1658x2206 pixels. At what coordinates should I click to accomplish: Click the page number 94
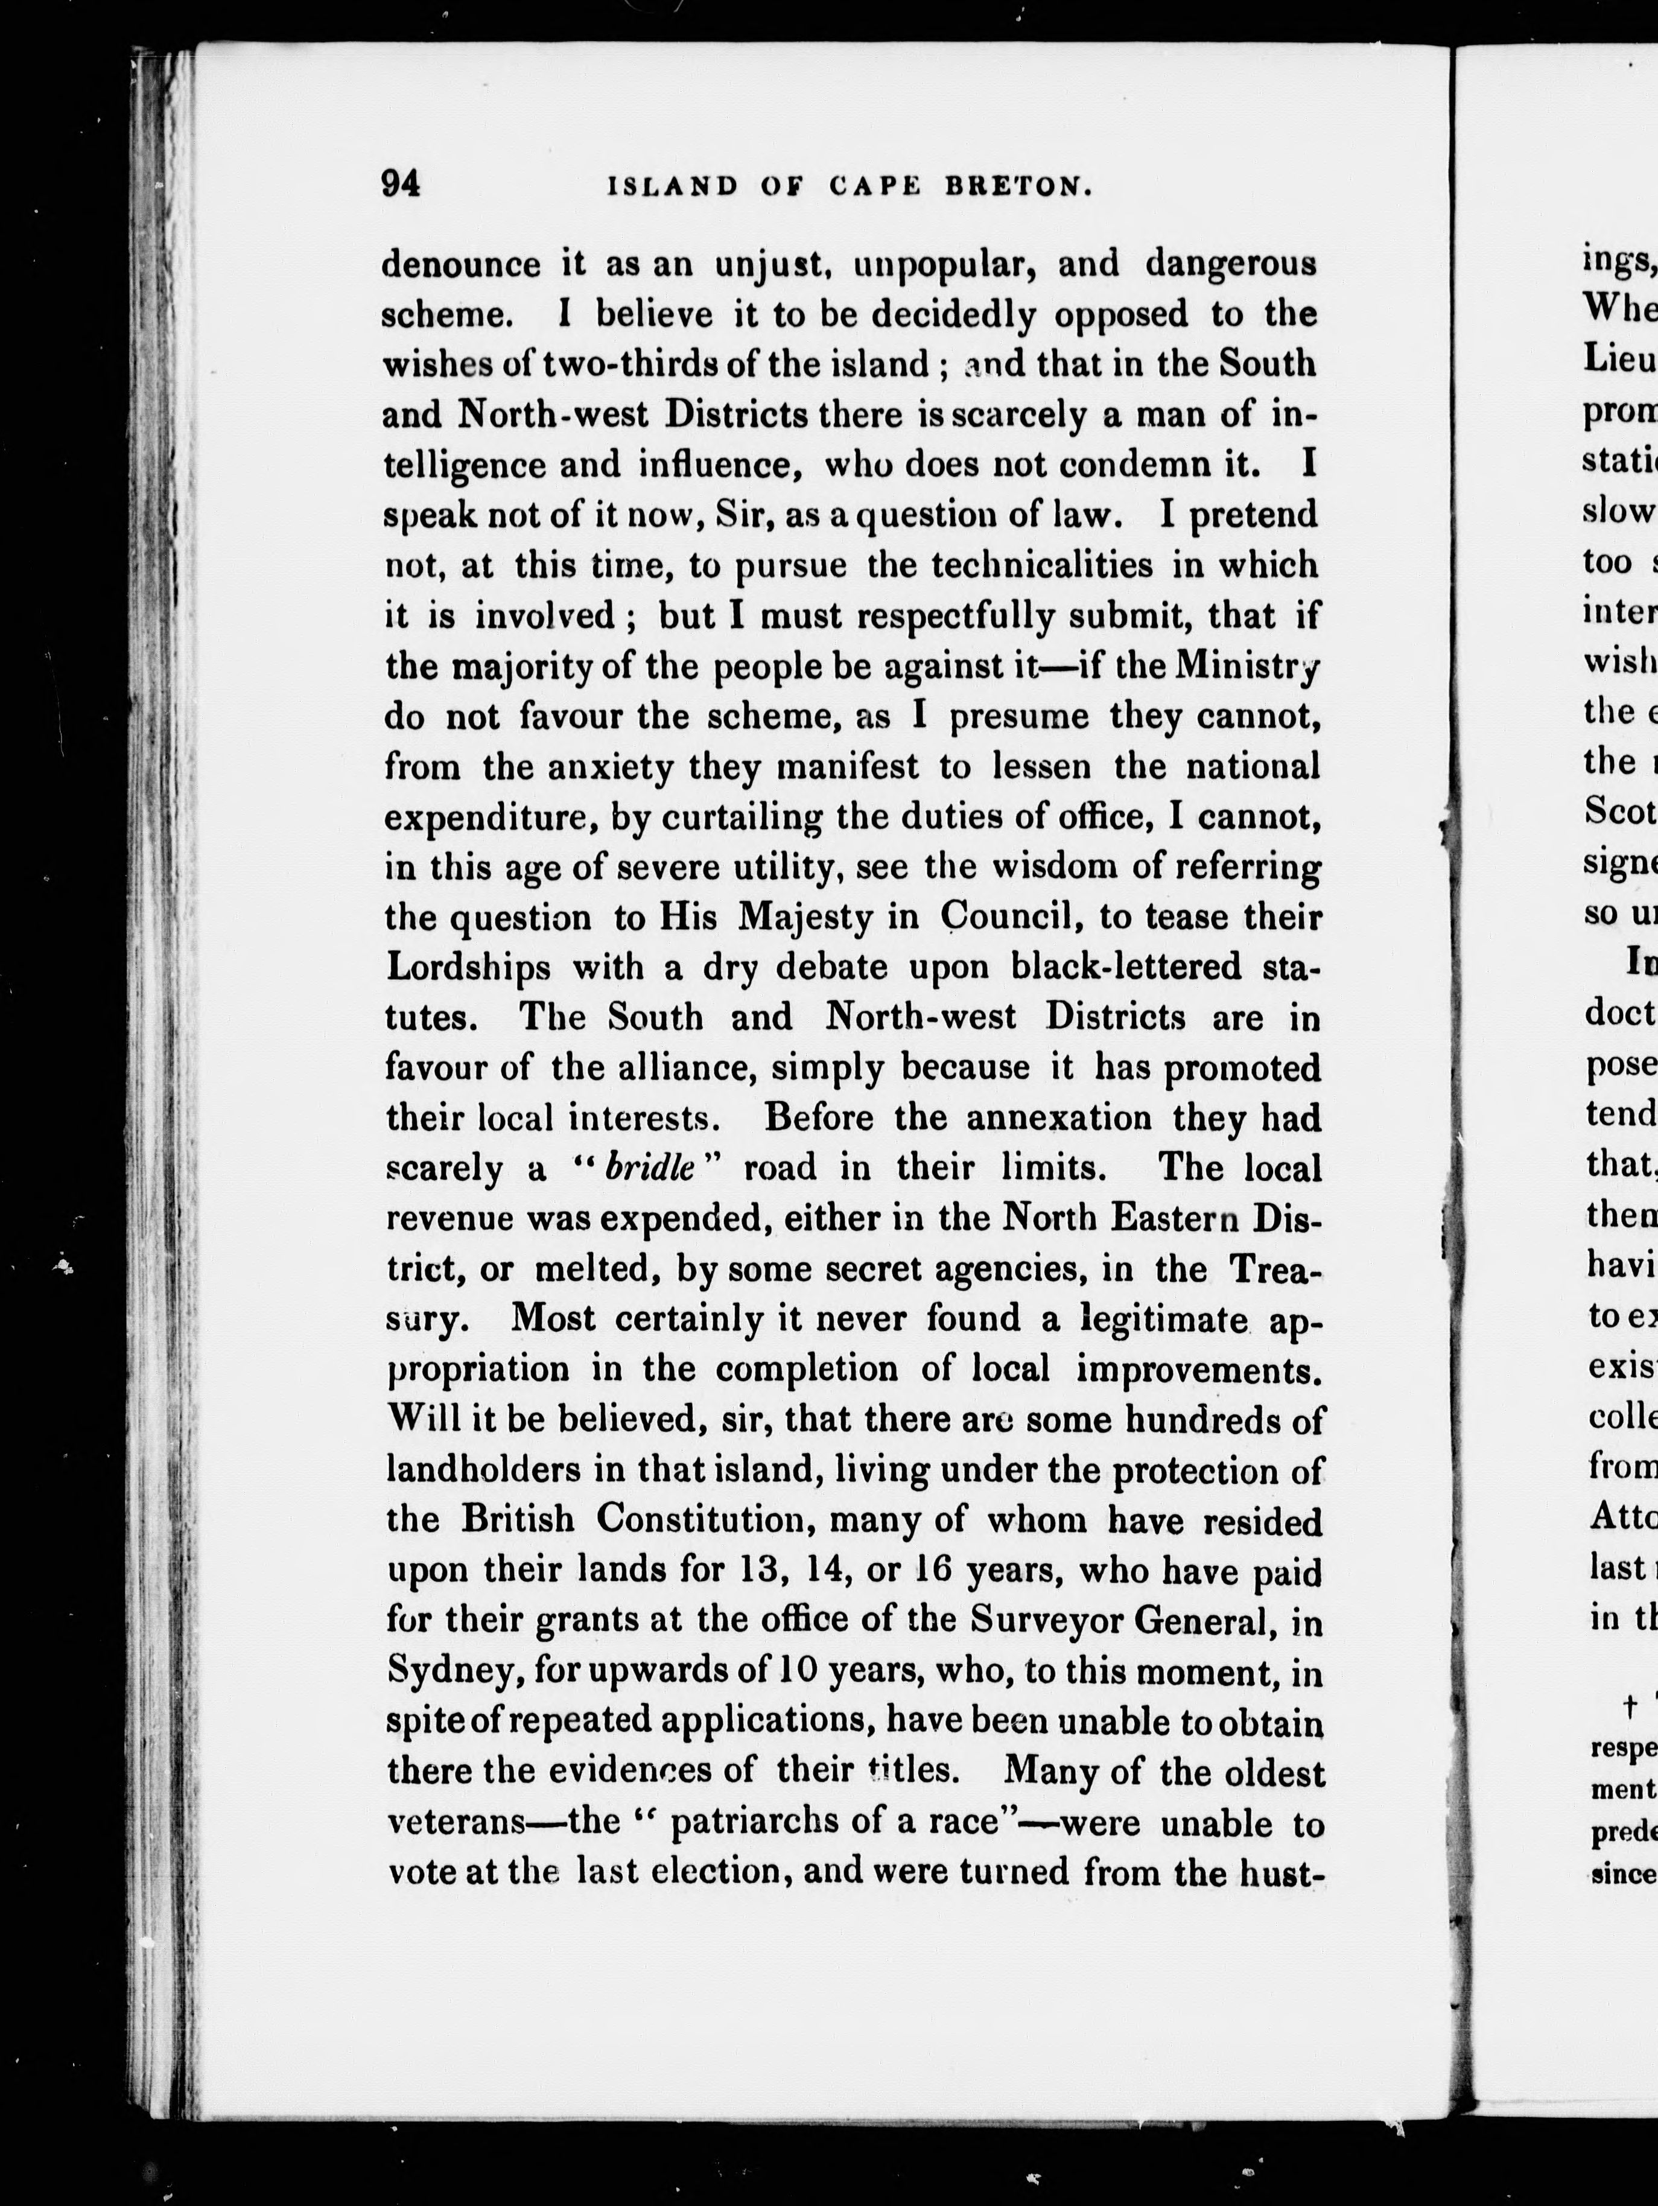pos(401,185)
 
